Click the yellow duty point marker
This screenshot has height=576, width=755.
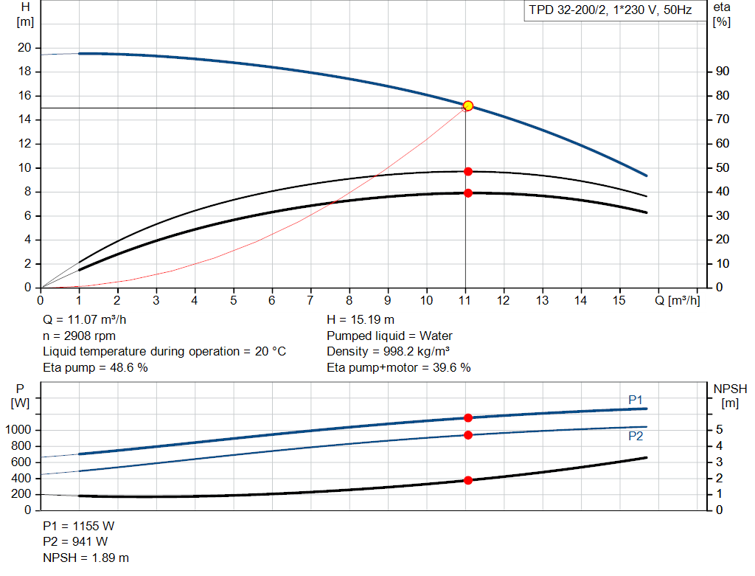point(467,106)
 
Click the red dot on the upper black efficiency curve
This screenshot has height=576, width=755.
point(467,171)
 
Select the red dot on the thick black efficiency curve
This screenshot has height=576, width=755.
point(467,193)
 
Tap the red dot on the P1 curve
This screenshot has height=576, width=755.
point(467,417)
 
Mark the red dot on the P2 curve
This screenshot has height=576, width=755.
point(467,435)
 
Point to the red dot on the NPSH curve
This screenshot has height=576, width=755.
point(467,480)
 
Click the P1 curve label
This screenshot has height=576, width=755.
point(636,400)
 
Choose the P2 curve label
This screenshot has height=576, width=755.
point(636,436)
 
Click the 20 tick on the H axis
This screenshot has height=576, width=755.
point(25,48)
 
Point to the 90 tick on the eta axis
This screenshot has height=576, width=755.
point(722,72)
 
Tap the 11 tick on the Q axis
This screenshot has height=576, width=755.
point(465,300)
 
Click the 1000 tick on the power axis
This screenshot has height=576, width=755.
point(19,430)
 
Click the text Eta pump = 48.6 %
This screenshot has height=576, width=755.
point(96,367)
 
